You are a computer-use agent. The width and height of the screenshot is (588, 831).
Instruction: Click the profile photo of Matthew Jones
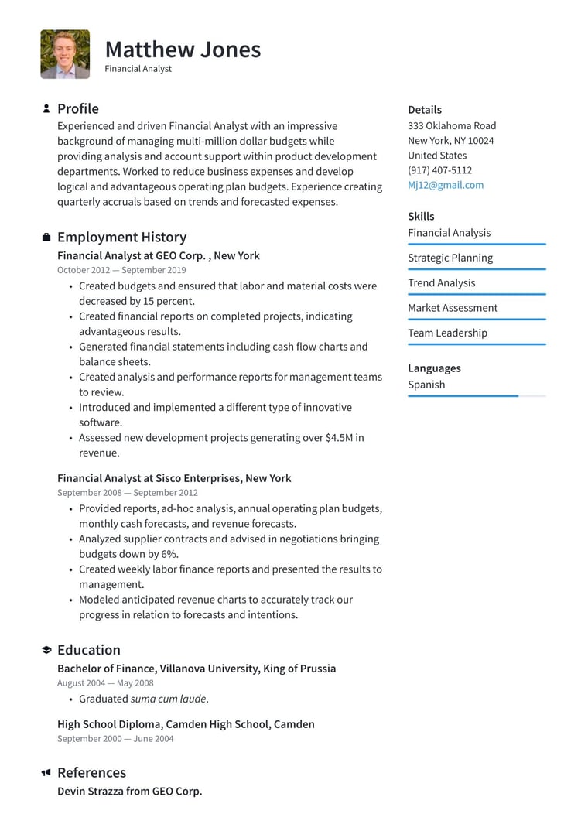[x=65, y=54]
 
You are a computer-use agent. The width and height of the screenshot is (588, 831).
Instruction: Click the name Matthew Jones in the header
[x=183, y=50]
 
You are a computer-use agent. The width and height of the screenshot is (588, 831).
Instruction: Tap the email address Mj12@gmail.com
[x=446, y=185]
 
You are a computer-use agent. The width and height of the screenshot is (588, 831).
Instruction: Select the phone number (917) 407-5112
[x=439, y=170]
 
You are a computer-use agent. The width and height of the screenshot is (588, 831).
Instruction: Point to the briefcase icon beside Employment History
[x=46, y=238]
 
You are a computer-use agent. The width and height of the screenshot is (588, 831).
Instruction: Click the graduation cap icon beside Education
[x=46, y=650]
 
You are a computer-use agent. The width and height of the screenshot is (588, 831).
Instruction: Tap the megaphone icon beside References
[x=46, y=772]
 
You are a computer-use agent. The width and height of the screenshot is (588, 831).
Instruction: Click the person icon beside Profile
[x=46, y=109]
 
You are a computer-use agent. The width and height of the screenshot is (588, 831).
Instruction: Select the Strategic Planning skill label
[x=450, y=258]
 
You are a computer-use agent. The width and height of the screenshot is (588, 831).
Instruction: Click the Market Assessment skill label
[x=453, y=308]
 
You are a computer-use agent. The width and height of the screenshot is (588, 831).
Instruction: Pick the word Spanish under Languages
[x=426, y=385]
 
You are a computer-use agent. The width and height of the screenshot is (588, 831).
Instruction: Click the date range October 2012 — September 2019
[x=121, y=270]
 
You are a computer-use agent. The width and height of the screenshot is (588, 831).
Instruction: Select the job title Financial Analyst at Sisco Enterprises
[x=174, y=478]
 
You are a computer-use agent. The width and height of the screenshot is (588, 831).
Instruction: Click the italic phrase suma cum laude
[x=169, y=699]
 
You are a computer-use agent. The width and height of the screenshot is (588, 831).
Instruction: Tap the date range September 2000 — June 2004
[x=115, y=739]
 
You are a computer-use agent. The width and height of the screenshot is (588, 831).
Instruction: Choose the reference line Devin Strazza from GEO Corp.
[x=129, y=792]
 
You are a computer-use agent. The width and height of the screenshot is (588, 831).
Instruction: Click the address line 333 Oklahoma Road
[x=452, y=125]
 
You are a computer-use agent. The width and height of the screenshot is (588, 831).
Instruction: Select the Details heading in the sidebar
[x=425, y=110]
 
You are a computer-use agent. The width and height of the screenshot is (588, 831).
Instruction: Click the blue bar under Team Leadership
[x=477, y=344]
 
